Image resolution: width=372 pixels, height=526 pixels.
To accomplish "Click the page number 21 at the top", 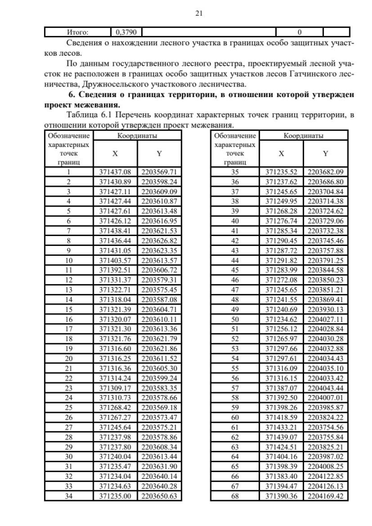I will (185, 12).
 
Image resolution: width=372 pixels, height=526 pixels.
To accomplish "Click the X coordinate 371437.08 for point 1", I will (116, 173).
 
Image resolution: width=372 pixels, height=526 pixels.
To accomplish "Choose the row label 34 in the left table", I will (69, 496).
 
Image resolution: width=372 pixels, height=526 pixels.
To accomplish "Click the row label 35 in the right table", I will (235, 173).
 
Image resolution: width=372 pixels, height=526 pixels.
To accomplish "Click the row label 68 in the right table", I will (235, 496).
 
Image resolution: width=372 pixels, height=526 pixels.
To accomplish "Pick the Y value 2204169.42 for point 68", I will (325, 496).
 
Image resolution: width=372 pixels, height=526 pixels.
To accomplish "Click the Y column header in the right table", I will (325, 154).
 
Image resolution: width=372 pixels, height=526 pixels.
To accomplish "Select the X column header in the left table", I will (116, 154).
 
